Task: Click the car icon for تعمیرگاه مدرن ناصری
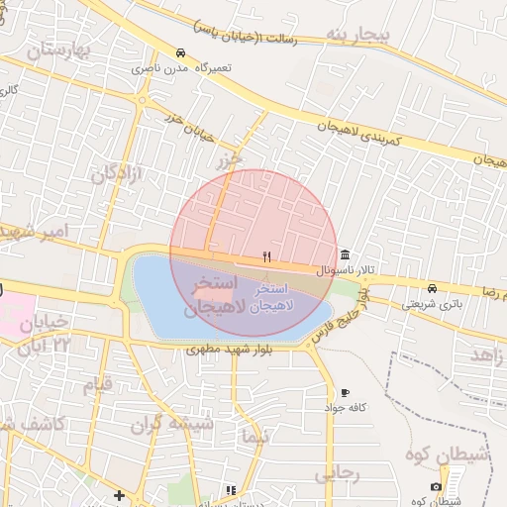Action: click(179, 53)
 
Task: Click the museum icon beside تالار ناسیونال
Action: click(345, 253)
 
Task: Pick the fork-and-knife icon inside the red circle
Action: click(266, 257)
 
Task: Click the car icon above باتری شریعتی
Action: click(431, 288)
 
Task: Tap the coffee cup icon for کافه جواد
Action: click(345, 392)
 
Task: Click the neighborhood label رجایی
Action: click(338, 474)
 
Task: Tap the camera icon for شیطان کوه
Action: click(436, 486)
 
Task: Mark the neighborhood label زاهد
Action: click(488, 355)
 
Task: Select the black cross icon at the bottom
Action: click(119, 494)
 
